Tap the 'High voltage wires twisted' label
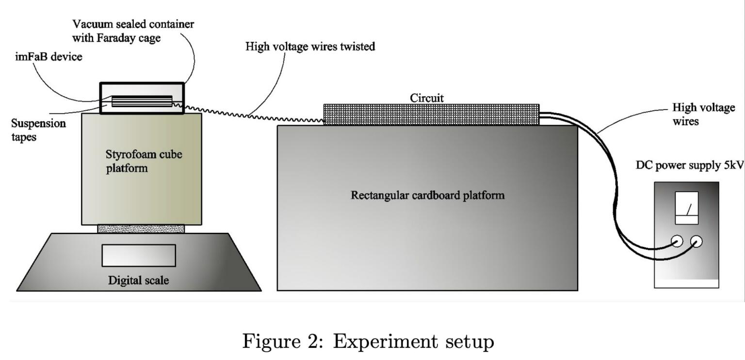coord(310,47)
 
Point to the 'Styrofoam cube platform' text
coord(140,161)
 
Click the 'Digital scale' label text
coord(138,280)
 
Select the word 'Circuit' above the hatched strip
coord(427,98)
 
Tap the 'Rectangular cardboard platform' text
coord(427,196)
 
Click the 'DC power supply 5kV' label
coord(689,165)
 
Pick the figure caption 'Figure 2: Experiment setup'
coord(368,342)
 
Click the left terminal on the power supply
coord(676,241)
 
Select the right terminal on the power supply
coord(697,241)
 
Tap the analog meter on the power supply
coord(686,208)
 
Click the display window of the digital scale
coord(138,255)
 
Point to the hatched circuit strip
coord(431,115)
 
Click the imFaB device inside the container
coord(142,101)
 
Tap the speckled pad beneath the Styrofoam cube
coord(141,229)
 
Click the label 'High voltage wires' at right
coord(703,114)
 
